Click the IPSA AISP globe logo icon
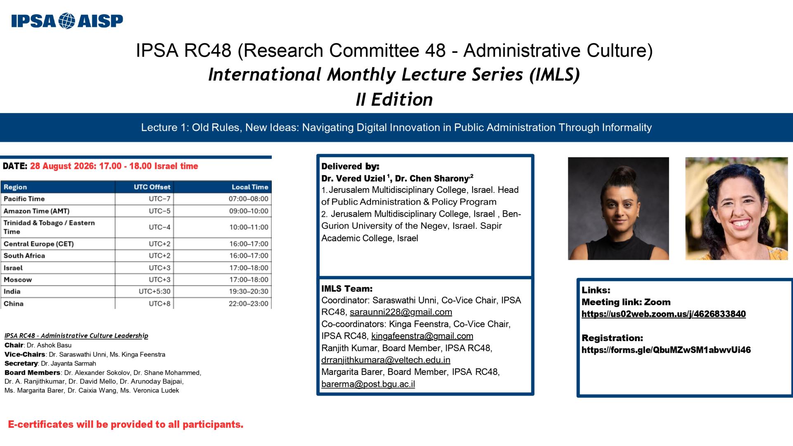click(67, 21)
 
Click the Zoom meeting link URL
click(663, 314)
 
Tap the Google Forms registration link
click(666, 350)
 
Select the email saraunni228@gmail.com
click(401, 312)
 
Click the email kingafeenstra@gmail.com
click(422, 336)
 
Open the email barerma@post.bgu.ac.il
click(368, 384)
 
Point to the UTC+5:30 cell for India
click(154, 292)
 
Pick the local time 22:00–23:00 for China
click(249, 304)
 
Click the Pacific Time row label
click(24, 199)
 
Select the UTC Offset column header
click(152, 187)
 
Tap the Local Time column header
click(250, 187)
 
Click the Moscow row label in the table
click(18, 280)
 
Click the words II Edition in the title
click(394, 100)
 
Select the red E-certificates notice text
click(126, 425)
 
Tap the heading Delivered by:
click(350, 166)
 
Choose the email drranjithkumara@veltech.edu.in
click(386, 360)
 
